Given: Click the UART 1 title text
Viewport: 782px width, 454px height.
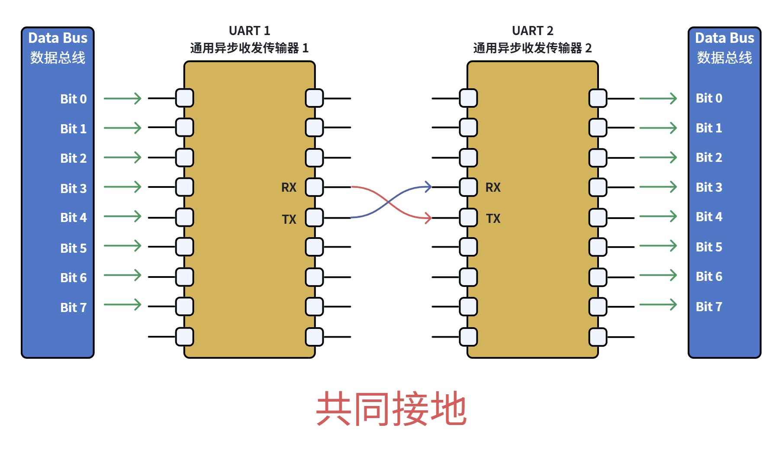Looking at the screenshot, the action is [x=249, y=31].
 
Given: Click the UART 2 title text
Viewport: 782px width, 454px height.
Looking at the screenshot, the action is [x=532, y=31].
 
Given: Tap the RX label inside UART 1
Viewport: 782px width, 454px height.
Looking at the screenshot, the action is [x=289, y=187].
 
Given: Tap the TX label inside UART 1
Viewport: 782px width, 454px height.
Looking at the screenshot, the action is [x=289, y=219].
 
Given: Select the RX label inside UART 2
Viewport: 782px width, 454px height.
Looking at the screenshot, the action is [x=493, y=187].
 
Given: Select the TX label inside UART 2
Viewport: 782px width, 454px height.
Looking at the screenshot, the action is [x=493, y=219].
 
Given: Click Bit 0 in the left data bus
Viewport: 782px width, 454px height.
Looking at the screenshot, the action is [x=74, y=99].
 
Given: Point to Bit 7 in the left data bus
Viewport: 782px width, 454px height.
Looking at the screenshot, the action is [x=74, y=308].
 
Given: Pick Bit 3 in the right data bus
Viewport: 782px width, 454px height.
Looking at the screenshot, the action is [x=709, y=187].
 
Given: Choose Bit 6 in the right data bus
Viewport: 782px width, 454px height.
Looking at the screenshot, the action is [x=709, y=277].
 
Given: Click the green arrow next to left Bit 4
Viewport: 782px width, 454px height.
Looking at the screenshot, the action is [x=122, y=216].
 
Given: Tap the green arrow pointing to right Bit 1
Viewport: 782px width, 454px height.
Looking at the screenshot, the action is [x=658, y=128].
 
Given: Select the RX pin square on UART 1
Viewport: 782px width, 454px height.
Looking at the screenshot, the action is [x=314, y=187].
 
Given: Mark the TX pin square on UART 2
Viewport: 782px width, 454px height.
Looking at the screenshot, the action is [x=468, y=218].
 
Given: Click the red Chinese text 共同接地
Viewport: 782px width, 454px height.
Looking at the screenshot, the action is [x=391, y=409].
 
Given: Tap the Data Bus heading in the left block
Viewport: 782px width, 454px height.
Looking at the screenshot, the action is [x=58, y=38].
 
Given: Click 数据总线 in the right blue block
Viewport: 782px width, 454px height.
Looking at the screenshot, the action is [x=724, y=58].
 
